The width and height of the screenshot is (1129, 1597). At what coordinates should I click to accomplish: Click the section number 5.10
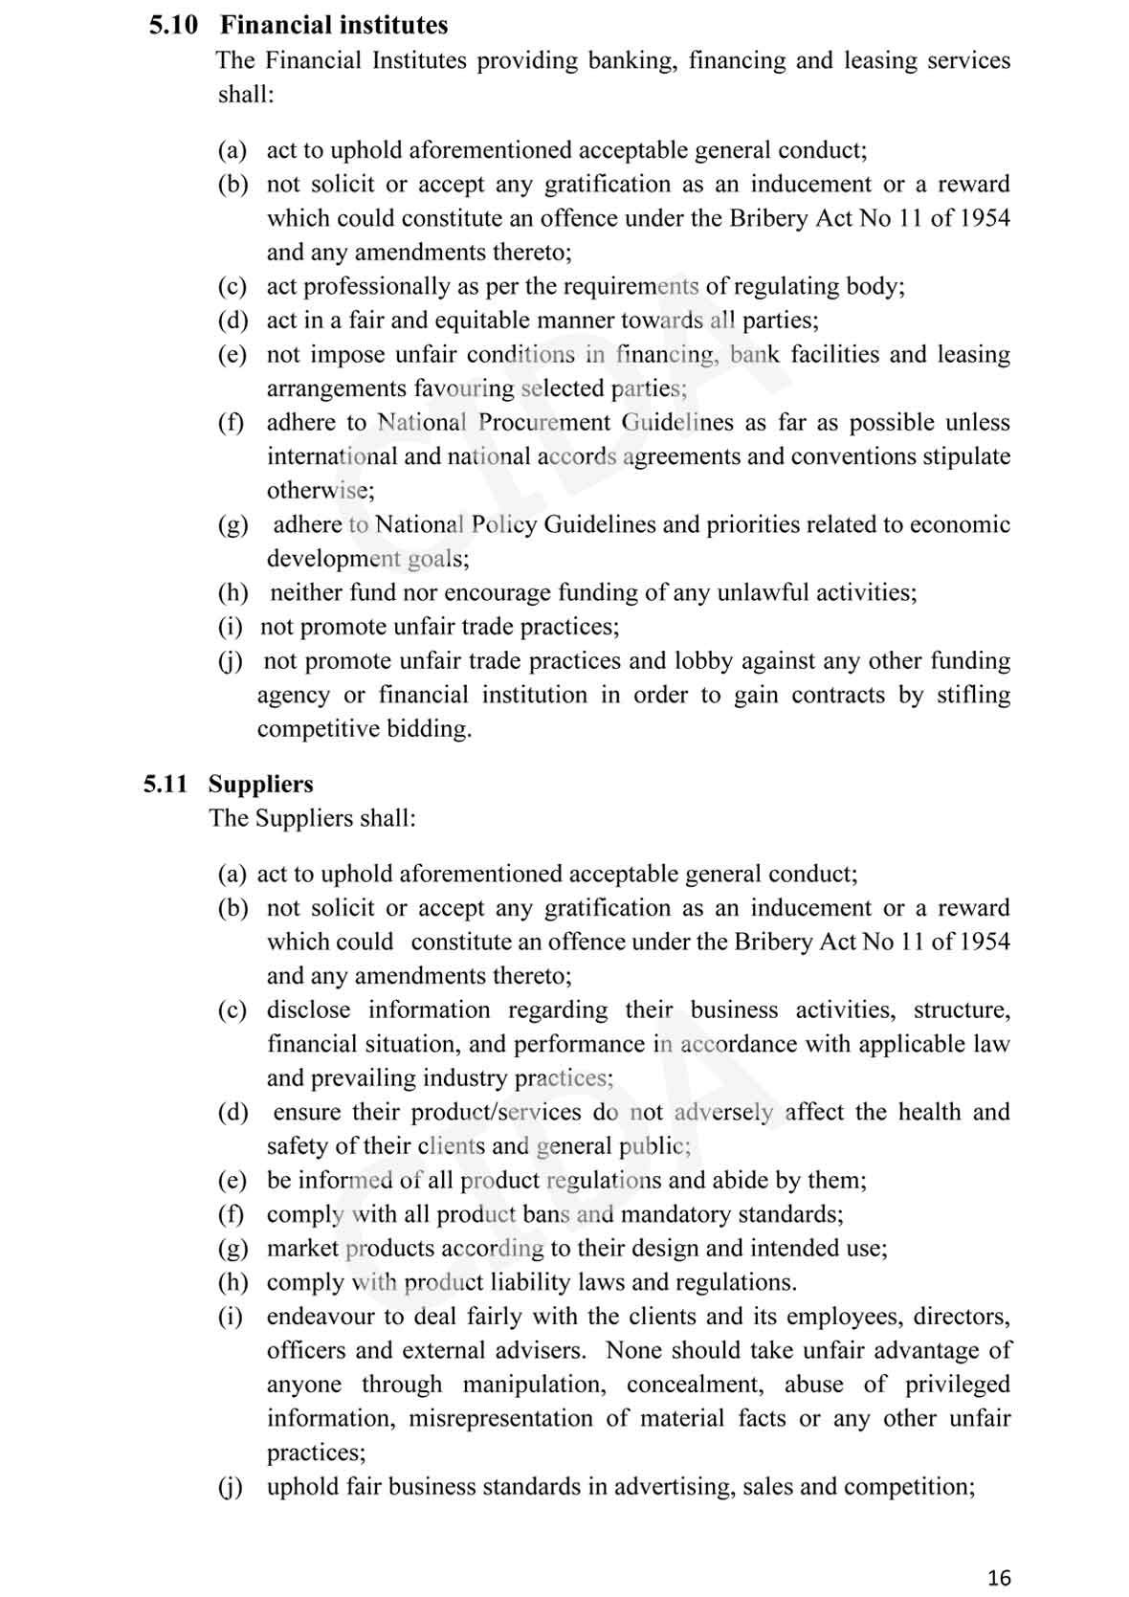coord(173,25)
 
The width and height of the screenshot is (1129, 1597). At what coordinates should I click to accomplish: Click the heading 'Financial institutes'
coord(334,25)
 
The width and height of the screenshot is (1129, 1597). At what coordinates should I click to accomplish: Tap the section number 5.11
coord(166,784)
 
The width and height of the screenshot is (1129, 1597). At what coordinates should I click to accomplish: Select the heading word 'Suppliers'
coord(260,784)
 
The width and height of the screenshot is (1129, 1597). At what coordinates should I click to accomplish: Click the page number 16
coord(999,1578)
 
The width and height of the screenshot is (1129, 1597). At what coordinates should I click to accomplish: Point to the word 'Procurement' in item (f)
coord(543,422)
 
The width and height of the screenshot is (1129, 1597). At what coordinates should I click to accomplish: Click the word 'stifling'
coord(973,695)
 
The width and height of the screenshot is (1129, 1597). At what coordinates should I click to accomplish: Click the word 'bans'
coord(546,1214)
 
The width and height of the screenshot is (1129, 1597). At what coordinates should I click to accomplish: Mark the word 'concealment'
coord(695,1384)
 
